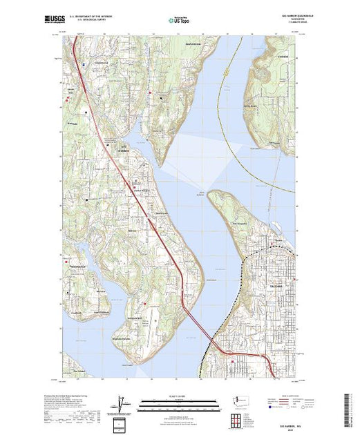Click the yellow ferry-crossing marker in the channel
click(226, 70)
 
